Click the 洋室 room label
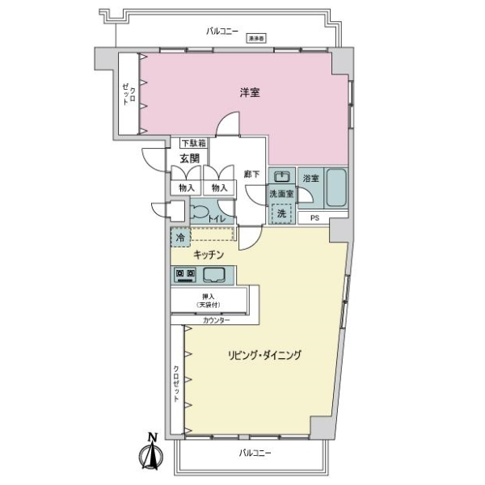[x=249, y=93]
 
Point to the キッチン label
[x=208, y=255]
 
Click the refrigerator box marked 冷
[x=178, y=238]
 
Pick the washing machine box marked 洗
[x=281, y=213]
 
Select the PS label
[x=314, y=217]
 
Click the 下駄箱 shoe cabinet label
[x=192, y=143]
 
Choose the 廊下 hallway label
[x=251, y=173]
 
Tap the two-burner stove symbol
[x=184, y=274]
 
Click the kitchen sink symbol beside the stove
[x=213, y=274]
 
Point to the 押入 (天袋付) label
[x=209, y=301]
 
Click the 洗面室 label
[x=281, y=194]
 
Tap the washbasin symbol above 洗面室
[x=280, y=177]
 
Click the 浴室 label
[x=310, y=177]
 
